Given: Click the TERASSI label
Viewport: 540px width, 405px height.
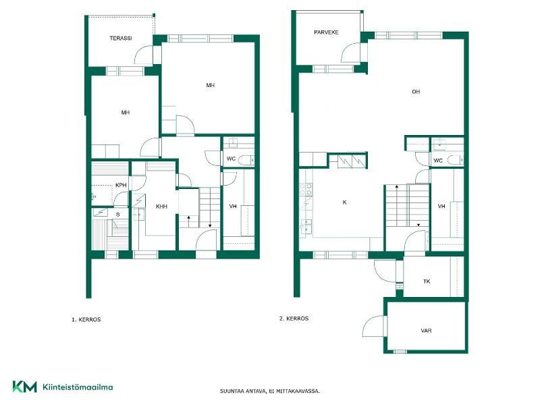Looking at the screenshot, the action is (121, 38).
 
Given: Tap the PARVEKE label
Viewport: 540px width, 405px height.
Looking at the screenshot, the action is (326, 32).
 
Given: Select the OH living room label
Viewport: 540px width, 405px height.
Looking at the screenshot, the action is (416, 92).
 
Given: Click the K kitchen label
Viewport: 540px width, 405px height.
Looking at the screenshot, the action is (344, 202).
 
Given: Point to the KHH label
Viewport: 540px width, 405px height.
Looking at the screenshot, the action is (161, 207).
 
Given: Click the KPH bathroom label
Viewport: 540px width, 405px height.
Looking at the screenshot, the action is (121, 185).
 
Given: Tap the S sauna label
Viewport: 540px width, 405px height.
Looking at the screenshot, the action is (117, 215).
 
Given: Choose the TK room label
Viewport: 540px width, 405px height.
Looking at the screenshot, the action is (427, 281).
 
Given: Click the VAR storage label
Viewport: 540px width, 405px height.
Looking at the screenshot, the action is (427, 331).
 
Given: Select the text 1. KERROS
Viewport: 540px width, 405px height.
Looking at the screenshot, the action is (86, 319).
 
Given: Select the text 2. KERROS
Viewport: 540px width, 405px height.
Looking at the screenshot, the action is (294, 319).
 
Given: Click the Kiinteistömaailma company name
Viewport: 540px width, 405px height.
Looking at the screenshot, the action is (78, 387).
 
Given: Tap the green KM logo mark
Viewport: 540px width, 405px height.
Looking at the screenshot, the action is (24, 387).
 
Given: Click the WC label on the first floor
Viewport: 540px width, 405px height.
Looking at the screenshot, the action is (231, 159).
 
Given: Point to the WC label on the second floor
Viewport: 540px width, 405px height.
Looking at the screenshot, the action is (437, 161).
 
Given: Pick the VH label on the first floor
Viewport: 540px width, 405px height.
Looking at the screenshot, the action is (233, 207).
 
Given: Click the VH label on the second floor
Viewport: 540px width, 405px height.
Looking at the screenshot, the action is (441, 207).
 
